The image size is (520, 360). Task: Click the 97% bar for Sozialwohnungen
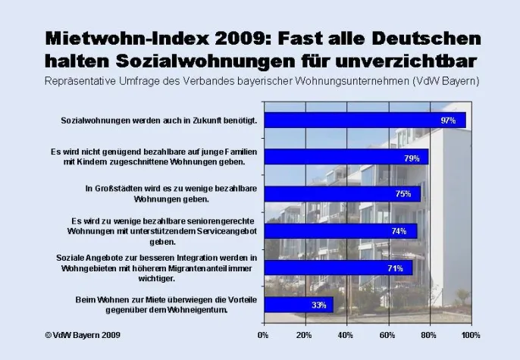click(x=364, y=121)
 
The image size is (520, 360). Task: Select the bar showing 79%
click(x=346, y=157)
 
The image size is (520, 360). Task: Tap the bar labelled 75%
click(x=341, y=194)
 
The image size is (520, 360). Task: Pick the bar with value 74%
click(x=340, y=231)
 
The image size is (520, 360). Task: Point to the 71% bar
click(x=337, y=268)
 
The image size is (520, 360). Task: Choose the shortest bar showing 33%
click(x=298, y=305)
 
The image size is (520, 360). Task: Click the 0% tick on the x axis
click(x=264, y=334)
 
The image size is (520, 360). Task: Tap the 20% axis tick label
click(x=304, y=334)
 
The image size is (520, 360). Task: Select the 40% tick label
click(x=345, y=334)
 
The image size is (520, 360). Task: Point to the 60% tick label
click(x=387, y=334)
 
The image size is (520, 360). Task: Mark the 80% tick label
click(x=428, y=334)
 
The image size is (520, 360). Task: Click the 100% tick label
click(x=471, y=334)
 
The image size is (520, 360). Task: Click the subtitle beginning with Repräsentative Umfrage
click(x=260, y=80)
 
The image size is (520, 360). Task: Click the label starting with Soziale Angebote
click(x=157, y=268)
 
